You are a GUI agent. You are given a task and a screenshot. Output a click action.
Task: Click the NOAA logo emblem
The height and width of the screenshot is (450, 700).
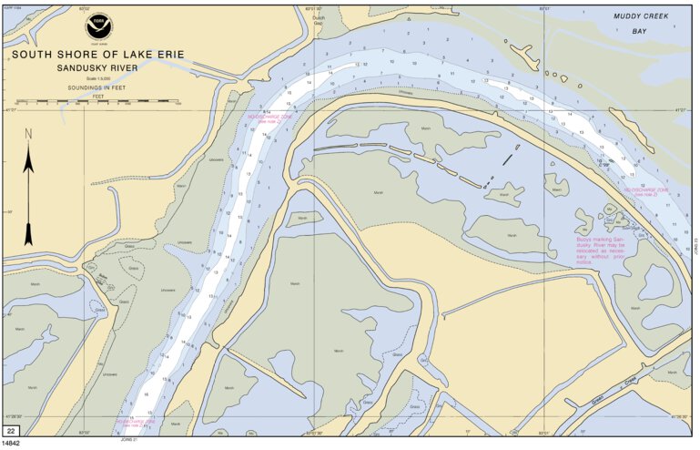click(97, 26)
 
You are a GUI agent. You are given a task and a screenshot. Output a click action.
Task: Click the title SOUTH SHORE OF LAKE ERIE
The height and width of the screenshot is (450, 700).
click(97, 55)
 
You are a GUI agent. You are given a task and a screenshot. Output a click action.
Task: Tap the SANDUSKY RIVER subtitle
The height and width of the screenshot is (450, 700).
click(97, 68)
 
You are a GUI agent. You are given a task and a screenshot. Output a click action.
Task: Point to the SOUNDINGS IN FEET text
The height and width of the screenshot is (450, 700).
click(97, 87)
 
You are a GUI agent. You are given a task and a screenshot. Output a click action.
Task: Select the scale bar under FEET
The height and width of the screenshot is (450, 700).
click(97, 101)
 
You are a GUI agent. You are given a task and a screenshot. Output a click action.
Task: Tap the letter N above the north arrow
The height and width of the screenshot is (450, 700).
click(28, 133)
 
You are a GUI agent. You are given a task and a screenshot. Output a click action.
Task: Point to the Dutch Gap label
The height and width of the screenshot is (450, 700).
click(317, 17)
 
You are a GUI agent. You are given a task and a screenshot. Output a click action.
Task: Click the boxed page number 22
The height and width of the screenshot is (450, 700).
click(12, 430)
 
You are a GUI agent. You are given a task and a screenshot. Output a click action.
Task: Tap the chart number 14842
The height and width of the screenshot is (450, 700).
click(12, 444)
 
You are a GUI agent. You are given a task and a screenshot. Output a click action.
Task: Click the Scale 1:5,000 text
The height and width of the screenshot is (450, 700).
click(97, 78)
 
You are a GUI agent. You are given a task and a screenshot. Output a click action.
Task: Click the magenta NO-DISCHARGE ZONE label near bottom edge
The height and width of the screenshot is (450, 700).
click(136, 424)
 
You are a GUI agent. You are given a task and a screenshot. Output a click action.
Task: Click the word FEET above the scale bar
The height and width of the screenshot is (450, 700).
click(97, 95)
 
